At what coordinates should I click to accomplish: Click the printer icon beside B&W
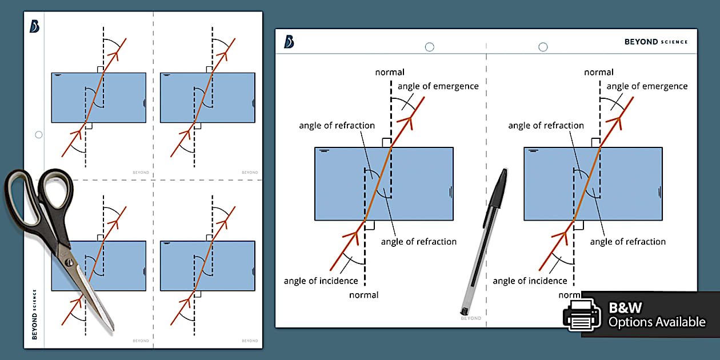click(582, 314)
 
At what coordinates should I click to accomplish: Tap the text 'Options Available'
click(657, 322)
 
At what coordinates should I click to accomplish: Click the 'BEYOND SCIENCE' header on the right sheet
click(657, 42)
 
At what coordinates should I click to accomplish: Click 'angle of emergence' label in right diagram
click(647, 86)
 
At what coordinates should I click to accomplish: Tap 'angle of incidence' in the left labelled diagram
click(321, 281)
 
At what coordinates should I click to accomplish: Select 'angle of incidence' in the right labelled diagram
click(530, 281)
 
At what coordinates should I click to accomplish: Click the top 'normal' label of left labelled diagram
click(390, 72)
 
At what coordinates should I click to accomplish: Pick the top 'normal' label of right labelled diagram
click(599, 72)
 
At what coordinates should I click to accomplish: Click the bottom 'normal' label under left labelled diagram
click(364, 295)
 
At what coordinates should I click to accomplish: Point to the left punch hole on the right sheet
click(430, 47)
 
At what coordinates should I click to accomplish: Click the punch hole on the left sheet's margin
click(39, 135)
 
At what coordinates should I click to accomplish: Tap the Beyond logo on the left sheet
click(34, 26)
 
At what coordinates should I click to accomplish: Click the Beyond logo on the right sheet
click(289, 42)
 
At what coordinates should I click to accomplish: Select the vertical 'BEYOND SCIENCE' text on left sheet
click(34, 314)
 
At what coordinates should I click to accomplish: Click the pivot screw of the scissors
click(69, 263)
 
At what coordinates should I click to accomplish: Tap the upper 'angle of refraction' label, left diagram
click(337, 126)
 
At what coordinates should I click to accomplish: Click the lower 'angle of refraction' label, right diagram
click(627, 242)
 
